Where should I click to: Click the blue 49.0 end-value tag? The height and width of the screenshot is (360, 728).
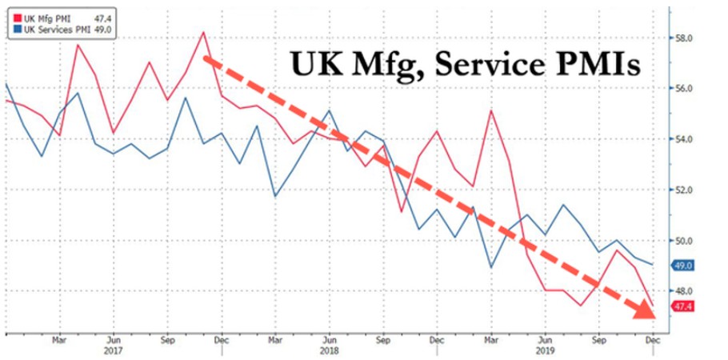[x=684, y=265]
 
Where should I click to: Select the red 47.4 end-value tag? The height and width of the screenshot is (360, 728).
[x=684, y=306]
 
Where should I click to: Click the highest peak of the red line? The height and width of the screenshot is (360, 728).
[x=203, y=33]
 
